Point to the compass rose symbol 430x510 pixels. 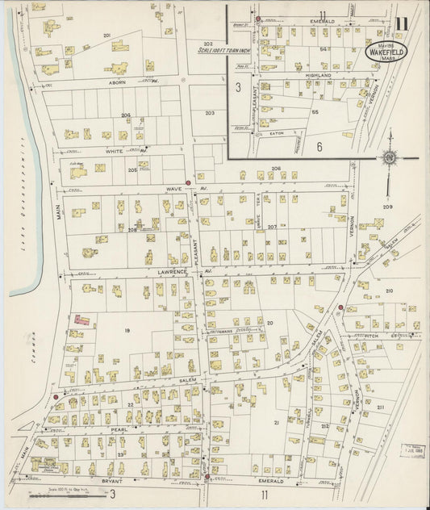pos(389,157)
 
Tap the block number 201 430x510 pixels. pos(106,36)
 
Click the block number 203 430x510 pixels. pos(210,113)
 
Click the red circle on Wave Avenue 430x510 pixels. pos(188,183)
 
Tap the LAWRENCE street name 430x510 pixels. pos(173,272)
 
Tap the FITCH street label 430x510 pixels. pos(374,335)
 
